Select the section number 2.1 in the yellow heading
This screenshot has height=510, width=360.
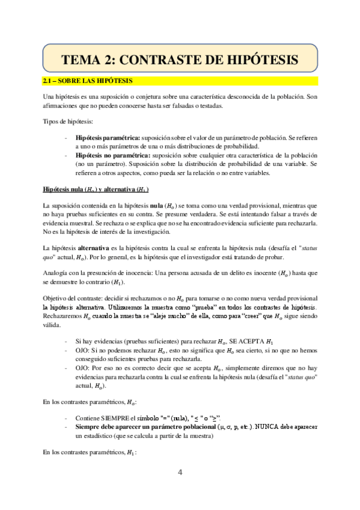(x=48, y=81)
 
